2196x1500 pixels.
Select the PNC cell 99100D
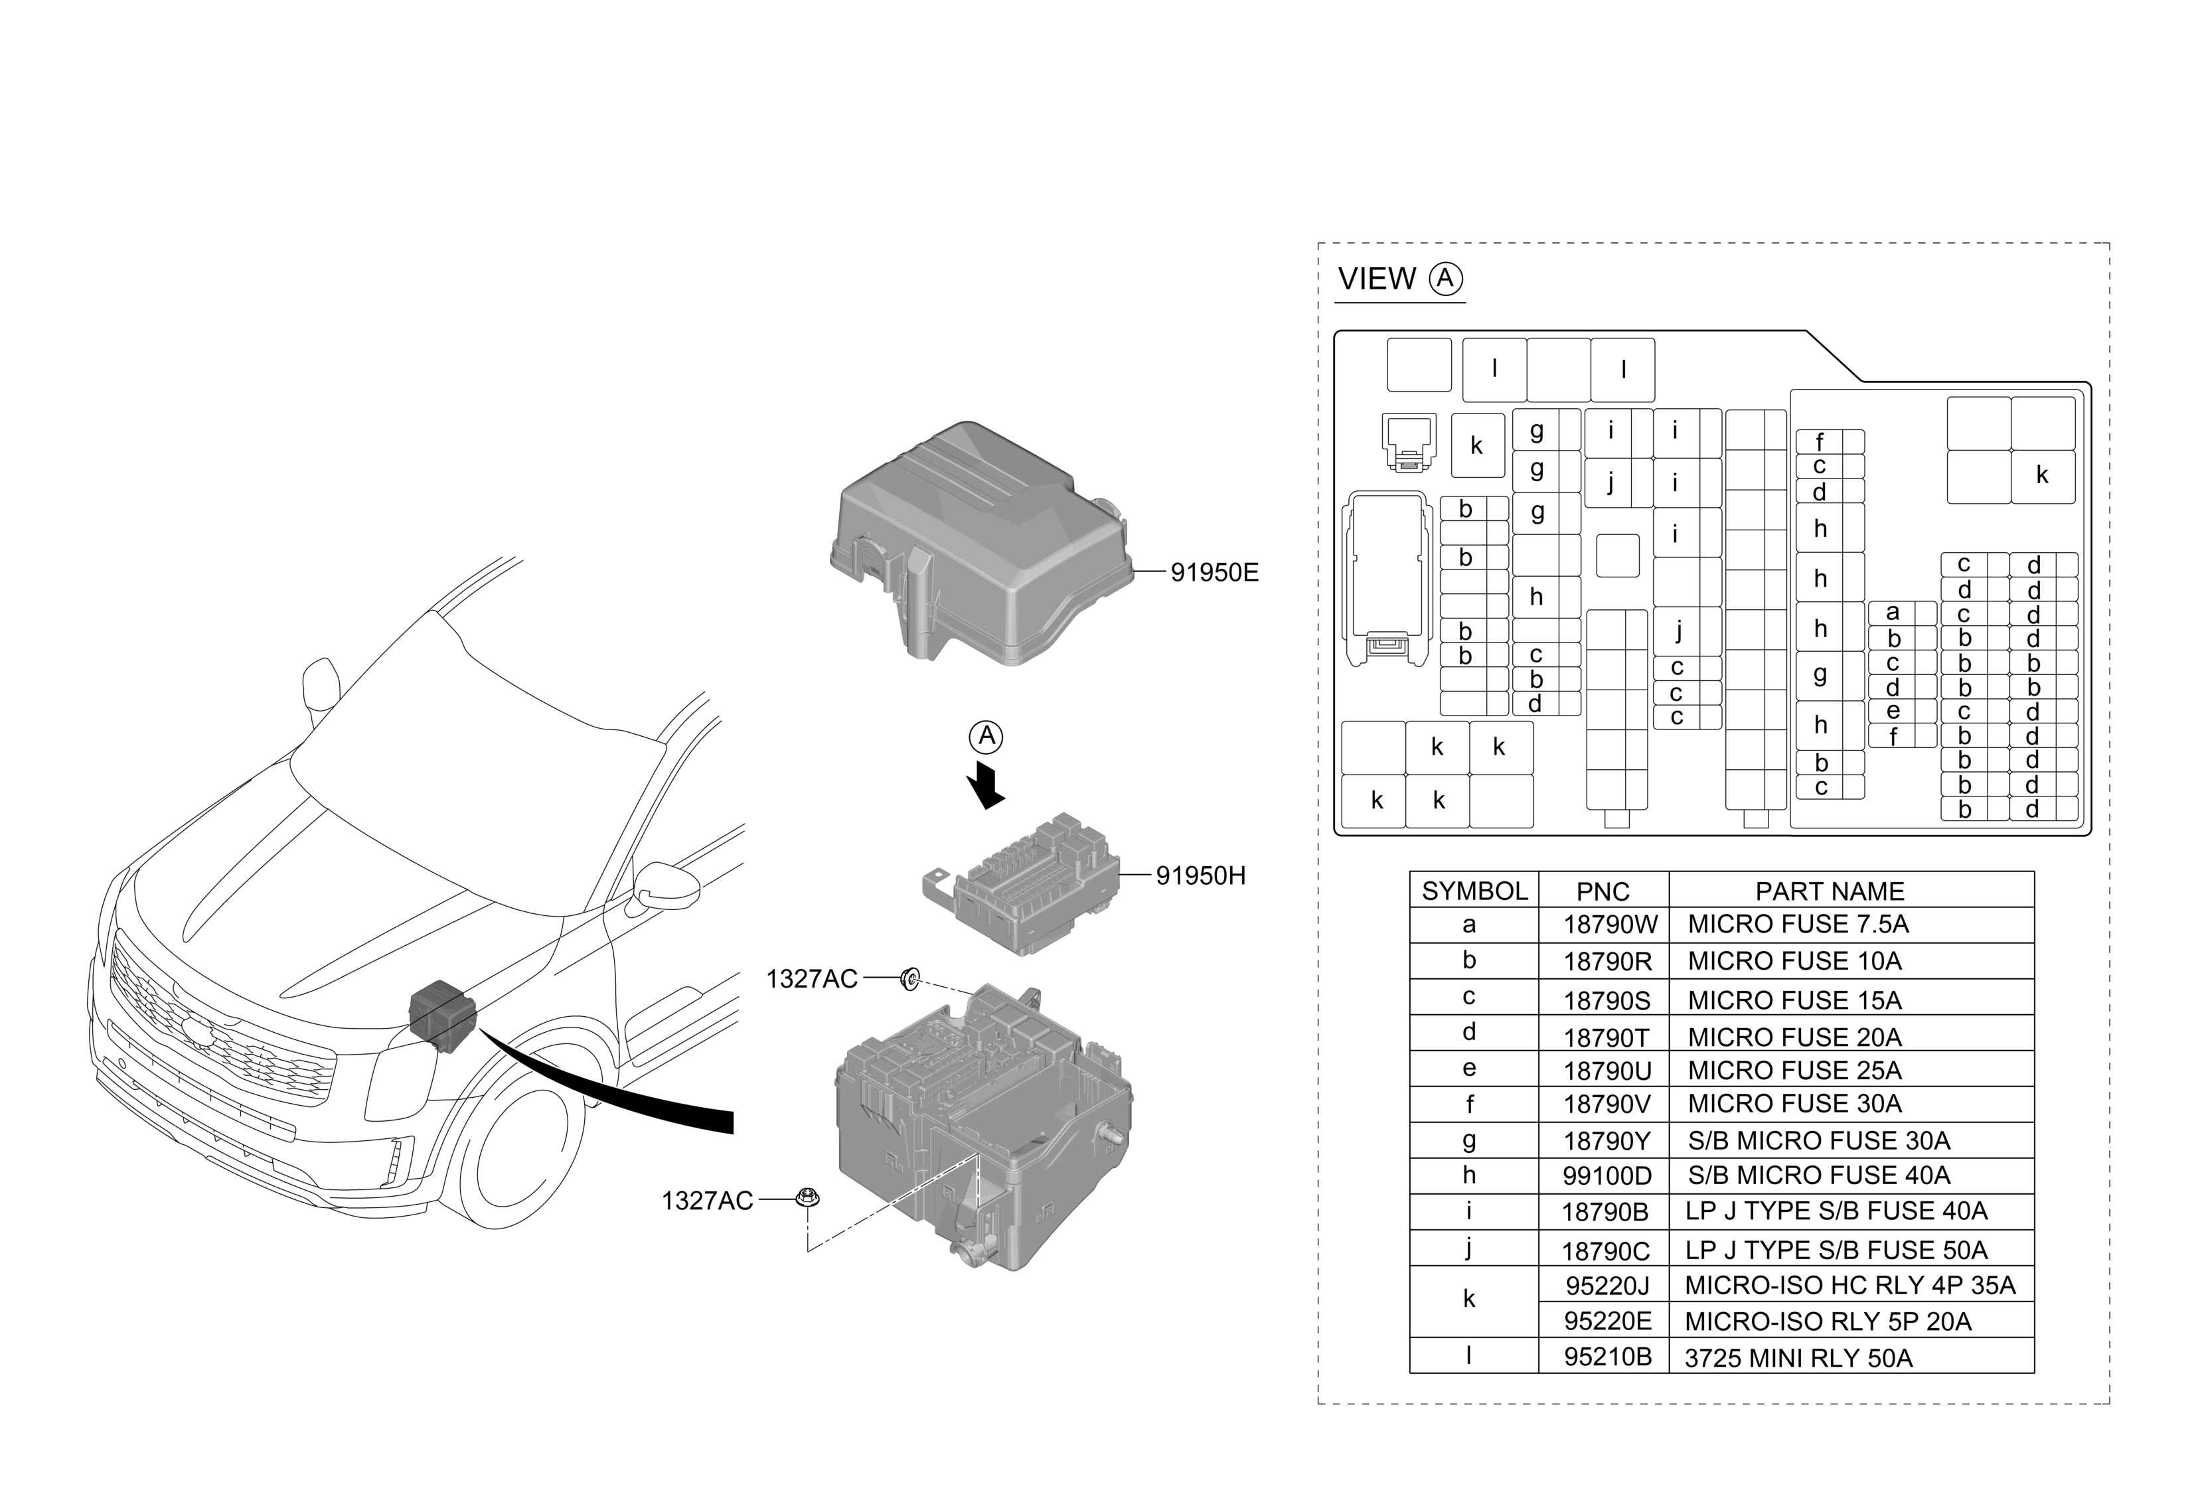(1607, 1177)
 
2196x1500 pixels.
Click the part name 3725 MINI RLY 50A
(1798, 1359)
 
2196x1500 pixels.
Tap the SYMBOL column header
(1474, 891)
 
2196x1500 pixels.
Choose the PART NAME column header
(1830, 891)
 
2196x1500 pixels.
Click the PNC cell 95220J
(1607, 1286)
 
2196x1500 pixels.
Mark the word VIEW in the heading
(1377, 279)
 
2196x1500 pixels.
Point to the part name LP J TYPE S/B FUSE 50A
(1836, 1250)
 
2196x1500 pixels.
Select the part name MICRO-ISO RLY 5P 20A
(1828, 1321)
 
